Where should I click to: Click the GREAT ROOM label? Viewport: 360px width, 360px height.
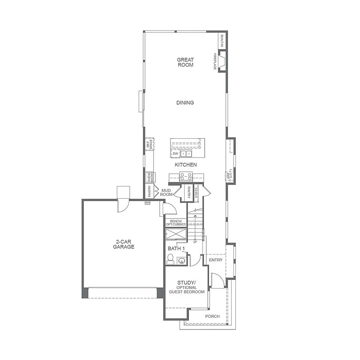click(x=185, y=62)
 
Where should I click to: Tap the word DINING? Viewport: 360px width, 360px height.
click(x=185, y=103)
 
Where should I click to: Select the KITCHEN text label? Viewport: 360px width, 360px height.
click(x=186, y=165)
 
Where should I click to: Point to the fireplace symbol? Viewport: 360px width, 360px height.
click(x=223, y=61)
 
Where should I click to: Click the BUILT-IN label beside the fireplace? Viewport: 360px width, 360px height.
click(x=223, y=41)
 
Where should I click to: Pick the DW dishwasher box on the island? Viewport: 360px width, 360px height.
click(x=175, y=154)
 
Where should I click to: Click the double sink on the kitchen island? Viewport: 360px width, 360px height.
click(x=187, y=154)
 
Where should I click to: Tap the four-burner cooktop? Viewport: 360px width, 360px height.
click(x=186, y=176)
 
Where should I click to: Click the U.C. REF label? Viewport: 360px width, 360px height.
click(x=230, y=175)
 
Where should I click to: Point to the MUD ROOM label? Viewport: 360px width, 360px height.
click(x=166, y=192)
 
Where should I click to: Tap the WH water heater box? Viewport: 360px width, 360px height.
click(x=147, y=203)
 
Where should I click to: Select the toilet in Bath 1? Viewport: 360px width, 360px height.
click(x=171, y=259)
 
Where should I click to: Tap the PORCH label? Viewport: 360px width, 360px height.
click(x=212, y=316)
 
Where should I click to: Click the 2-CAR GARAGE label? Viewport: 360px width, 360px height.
click(x=124, y=244)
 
